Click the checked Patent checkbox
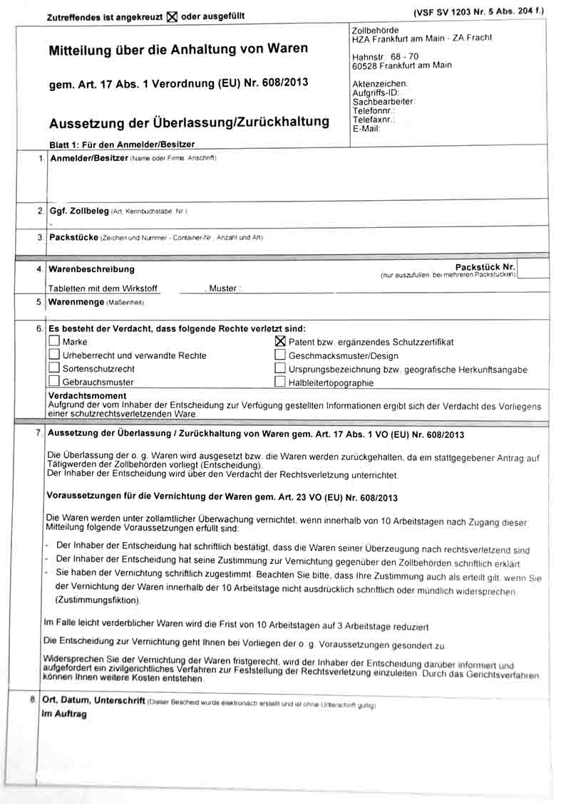click(280, 342)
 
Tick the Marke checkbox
click(54, 342)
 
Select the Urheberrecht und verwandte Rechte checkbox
click(54, 355)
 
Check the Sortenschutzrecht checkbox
click(54, 368)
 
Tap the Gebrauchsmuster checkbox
click(54, 382)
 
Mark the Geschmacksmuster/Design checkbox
click(280, 355)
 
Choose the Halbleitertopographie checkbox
click(280, 382)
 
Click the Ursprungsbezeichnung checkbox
click(280, 369)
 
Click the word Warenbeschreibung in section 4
click(91, 269)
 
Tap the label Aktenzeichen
click(379, 84)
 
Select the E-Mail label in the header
click(366, 129)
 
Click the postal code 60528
click(366, 66)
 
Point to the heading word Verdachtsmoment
click(87, 395)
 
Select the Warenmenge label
click(76, 302)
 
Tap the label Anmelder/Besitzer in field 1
click(88, 157)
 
